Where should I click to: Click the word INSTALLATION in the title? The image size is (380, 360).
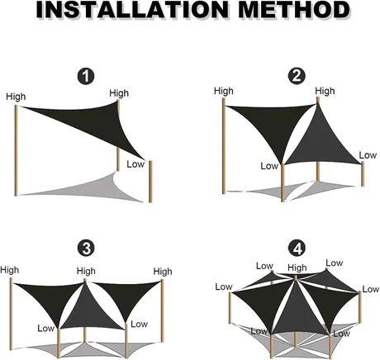click(132, 10)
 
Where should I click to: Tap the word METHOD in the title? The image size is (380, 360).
click(294, 10)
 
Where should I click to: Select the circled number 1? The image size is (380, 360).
click(86, 77)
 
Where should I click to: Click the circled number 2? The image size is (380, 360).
click(297, 76)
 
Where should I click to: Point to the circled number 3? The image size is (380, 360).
click(87, 249)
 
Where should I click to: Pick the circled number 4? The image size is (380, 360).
click(297, 248)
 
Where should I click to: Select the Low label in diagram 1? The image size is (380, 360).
click(135, 164)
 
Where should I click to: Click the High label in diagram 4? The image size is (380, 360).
click(297, 268)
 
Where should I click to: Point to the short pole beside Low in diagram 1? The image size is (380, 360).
click(150, 182)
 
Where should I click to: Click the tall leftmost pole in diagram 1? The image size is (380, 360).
click(16, 150)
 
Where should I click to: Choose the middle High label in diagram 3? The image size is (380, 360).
click(86, 271)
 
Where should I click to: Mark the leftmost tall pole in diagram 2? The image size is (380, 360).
click(224, 146)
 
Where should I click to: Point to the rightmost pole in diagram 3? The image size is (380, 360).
click(162, 310)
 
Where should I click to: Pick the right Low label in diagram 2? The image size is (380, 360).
click(368, 155)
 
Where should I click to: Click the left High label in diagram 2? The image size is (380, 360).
click(224, 91)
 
